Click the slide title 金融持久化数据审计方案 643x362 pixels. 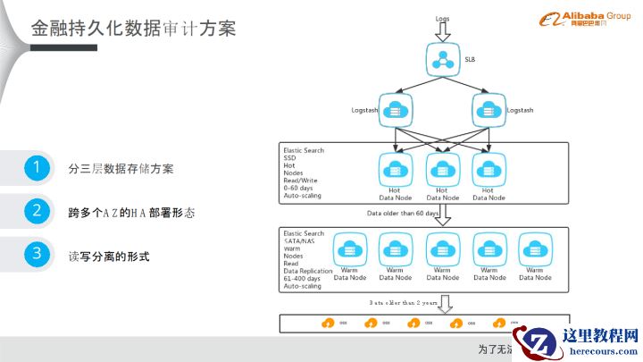(x=134, y=28)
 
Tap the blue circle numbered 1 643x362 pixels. (x=37, y=167)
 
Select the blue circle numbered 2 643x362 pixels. (x=37, y=211)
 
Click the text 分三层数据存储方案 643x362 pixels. (x=121, y=168)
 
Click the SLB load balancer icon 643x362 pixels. (x=442, y=59)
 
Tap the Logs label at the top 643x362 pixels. (x=443, y=19)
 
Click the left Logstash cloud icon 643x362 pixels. (x=395, y=110)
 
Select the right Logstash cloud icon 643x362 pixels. (x=488, y=110)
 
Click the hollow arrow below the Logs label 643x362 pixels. (x=443, y=33)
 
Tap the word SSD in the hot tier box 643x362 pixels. (x=290, y=158)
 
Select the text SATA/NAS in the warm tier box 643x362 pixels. (x=300, y=241)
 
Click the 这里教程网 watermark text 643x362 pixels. (x=601, y=336)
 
